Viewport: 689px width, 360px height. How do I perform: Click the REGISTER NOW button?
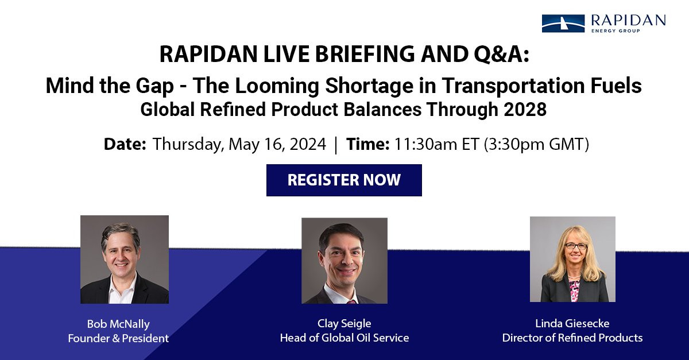(344, 180)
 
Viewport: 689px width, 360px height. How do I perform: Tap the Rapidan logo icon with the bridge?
(563, 24)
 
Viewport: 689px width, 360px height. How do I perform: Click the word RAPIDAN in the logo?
(628, 20)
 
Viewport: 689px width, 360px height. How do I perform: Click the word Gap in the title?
(154, 86)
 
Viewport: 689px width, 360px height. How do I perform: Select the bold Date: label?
(125, 144)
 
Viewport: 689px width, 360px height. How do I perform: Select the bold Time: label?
(368, 144)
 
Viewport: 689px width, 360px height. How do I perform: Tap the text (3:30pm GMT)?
(536, 144)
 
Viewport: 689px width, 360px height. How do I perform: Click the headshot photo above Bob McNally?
(125, 260)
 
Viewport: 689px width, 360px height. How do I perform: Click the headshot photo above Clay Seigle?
(344, 261)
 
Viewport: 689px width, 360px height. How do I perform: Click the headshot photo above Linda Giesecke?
(573, 259)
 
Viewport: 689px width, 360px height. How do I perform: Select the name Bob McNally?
(118, 324)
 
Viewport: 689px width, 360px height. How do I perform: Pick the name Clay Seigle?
(344, 324)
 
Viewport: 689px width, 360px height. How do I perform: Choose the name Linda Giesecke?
(572, 323)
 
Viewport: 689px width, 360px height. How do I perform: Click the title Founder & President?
(118, 338)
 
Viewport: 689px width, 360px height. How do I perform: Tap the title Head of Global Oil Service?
(344, 338)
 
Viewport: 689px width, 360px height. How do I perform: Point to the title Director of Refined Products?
(572, 338)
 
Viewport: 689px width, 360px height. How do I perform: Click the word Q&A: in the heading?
(501, 55)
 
